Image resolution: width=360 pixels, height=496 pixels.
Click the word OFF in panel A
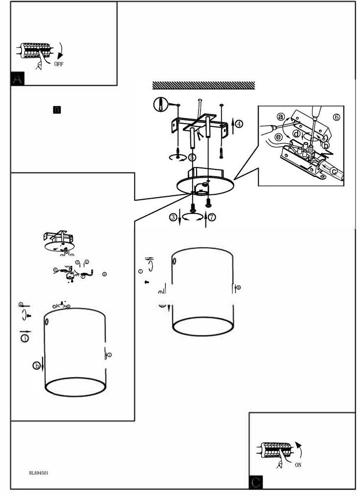tap(59, 64)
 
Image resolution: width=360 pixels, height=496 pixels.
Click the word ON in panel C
tap(298, 465)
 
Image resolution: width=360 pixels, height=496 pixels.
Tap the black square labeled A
tap(17, 79)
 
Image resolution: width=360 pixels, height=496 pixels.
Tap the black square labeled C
tap(256, 482)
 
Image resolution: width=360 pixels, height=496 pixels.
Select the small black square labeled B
tap(57, 110)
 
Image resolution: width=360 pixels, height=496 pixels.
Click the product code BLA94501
tap(39, 473)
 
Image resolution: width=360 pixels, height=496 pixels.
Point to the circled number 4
tap(239, 124)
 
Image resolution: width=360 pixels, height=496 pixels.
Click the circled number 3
tap(173, 217)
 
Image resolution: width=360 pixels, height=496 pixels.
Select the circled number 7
tap(212, 217)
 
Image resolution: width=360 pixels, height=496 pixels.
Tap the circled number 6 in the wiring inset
tap(336, 117)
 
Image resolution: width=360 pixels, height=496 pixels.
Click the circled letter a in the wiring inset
tap(280, 116)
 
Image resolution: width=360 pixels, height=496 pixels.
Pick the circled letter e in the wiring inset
tap(278, 137)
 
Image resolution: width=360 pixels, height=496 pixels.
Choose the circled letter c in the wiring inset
tap(334, 171)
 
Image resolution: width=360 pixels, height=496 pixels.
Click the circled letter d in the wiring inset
tap(297, 134)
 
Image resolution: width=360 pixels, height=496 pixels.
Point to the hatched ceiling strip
tap(203, 85)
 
